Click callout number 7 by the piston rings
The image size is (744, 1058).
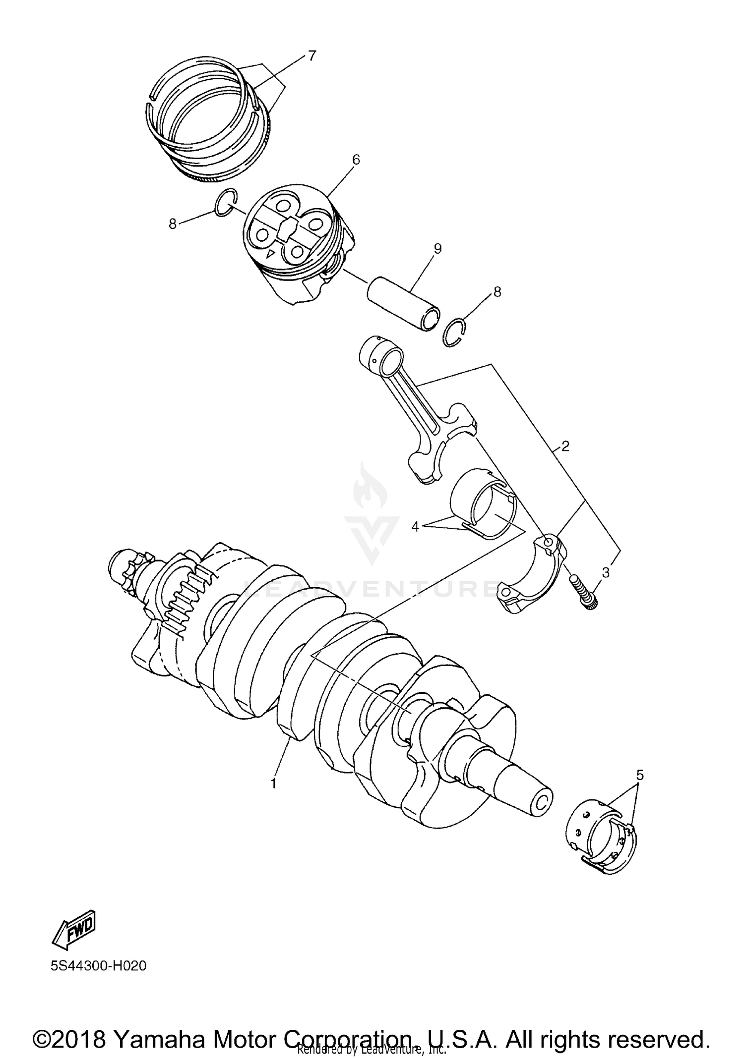pyautogui.click(x=311, y=56)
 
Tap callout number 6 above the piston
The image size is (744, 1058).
pyautogui.click(x=356, y=160)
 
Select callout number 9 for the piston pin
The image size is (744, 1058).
pyautogui.click(x=437, y=249)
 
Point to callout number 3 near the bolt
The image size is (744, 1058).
pyautogui.click(x=605, y=572)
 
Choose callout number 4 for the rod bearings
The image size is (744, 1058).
pyautogui.click(x=415, y=526)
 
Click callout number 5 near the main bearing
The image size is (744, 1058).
pyautogui.click(x=640, y=775)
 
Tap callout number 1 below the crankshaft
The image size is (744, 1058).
pyautogui.click(x=273, y=783)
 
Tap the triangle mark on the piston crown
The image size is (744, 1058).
pyautogui.click(x=270, y=254)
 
